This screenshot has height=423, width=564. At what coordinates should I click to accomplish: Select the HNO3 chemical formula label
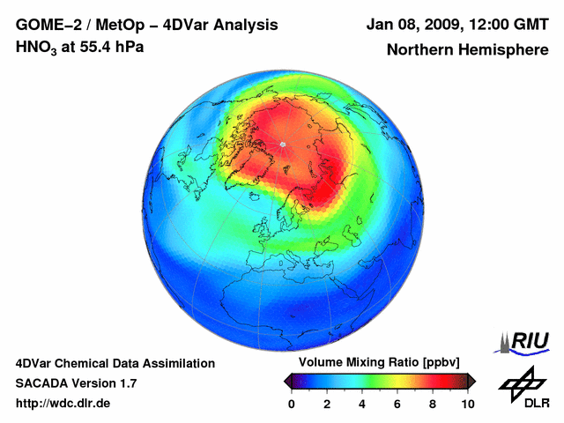click(35, 47)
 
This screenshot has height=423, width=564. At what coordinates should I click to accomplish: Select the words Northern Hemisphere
click(467, 49)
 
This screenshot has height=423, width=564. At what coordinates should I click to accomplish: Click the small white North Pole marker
click(283, 144)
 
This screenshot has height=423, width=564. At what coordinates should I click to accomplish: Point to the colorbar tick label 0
click(292, 404)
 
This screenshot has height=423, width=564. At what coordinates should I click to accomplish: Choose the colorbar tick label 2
click(327, 404)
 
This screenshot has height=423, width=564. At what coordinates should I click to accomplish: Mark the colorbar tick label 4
click(362, 404)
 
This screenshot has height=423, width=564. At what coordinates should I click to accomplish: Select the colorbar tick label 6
click(397, 404)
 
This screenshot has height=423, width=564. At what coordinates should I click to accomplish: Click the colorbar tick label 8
click(433, 404)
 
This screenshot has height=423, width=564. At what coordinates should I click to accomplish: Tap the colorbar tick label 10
click(467, 404)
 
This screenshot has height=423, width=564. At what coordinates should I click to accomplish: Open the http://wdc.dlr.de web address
click(63, 404)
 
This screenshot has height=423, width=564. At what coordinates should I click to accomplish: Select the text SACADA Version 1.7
click(76, 383)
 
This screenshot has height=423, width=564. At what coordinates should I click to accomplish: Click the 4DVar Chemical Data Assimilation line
click(115, 363)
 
